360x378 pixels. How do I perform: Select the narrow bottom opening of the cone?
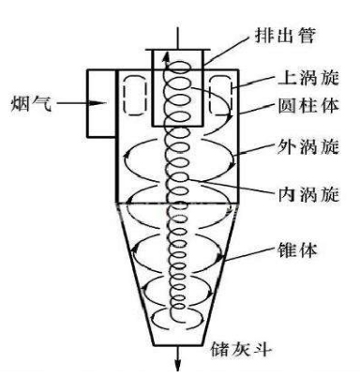172,330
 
